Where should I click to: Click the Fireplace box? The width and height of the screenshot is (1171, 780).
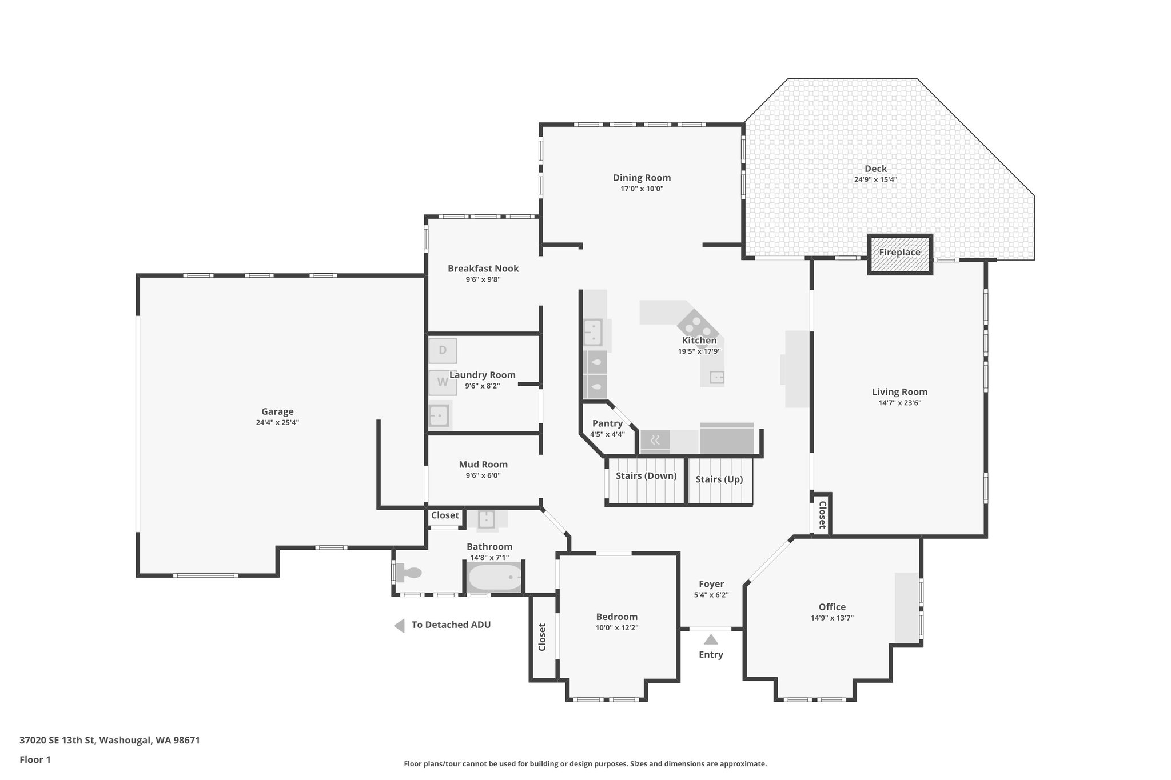[900, 254]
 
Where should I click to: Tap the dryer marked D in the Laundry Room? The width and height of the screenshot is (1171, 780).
[443, 350]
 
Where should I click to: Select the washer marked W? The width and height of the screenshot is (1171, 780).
[443, 382]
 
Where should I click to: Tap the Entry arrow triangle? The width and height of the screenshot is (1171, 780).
[711, 639]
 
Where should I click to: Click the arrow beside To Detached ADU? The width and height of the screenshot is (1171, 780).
[400, 625]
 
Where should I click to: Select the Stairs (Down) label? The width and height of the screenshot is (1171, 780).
[646, 476]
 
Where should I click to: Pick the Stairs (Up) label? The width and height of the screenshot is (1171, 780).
[719, 479]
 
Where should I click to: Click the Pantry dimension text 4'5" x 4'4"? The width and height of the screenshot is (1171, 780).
[607, 434]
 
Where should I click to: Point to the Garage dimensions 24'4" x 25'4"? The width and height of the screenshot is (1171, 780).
[277, 423]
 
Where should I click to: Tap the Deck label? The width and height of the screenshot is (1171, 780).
[875, 169]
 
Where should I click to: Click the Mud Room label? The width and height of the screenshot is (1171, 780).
[483, 465]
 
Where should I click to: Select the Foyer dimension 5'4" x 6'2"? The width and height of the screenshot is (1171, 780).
[711, 595]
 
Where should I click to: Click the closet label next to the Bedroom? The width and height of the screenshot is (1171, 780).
[542, 637]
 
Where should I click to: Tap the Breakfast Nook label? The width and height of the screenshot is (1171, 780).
[483, 269]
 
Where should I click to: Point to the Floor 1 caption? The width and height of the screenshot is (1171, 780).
[35, 759]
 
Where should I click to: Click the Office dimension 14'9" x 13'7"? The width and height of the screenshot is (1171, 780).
[832, 618]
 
